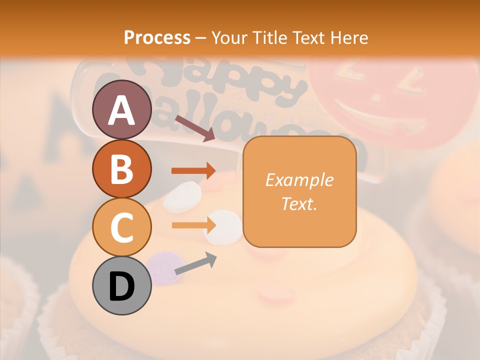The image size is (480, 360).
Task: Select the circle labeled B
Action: pyautogui.click(x=121, y=168)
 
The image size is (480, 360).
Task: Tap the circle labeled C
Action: pyautogui.click(x=121, y=227)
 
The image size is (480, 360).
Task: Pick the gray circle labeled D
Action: pyautogui.click(x=121, y=285)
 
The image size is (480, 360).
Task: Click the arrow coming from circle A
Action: pyautogui.click(x=195, y=129)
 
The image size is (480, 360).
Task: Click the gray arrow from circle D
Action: pyautogui.click(x=195, y=264)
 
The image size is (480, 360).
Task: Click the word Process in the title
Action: pyautogui.click(x=157, y=37)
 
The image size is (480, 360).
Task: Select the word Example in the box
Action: pyautogui.click(x=299, y=180)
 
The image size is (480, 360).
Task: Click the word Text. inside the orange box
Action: pyautogui.click(x=299, y=203)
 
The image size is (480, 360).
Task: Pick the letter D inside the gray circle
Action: pyautogui.click(x=121, y=286)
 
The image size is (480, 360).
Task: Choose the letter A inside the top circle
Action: pyautogui.click(x=121, y=110)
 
